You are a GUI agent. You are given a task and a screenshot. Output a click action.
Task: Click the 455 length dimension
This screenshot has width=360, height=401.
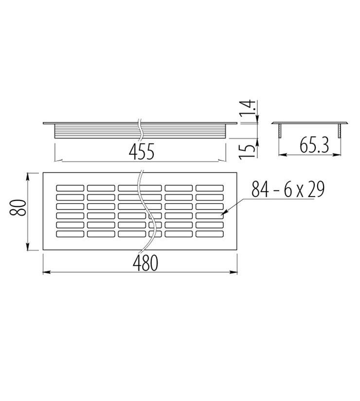click(x=142, y=151)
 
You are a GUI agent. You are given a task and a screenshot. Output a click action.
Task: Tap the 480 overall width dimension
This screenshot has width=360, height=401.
click(x=145, y=263)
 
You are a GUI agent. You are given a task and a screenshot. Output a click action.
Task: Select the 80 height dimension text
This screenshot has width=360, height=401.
click(x=18, y=207)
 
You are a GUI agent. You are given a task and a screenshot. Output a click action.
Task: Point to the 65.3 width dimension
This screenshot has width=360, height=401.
click(x=314, y=145)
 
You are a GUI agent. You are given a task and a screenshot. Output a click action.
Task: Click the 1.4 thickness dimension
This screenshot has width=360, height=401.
click(x=247, y=107)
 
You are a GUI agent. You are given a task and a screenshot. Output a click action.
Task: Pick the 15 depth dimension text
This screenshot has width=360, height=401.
click(x=247, y=151)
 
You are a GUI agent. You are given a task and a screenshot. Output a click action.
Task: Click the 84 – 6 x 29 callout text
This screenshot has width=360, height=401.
click(x=288, y=189)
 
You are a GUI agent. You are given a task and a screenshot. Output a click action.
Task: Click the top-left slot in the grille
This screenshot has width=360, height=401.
click(x=70, y=188)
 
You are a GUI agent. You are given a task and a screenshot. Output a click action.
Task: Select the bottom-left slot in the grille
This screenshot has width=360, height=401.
click(x=70, y=234)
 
